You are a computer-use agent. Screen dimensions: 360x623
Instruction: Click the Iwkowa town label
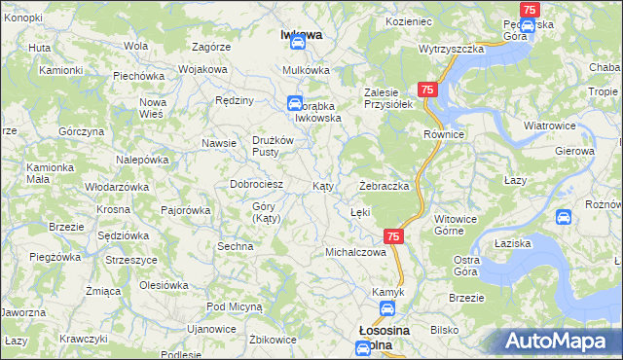pyautogui.click(x=301, y=35)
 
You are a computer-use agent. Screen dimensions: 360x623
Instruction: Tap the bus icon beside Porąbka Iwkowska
pyautogui.click(x=294, y=102)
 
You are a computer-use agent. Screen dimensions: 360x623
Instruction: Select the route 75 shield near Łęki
pyautogui.click(x=393, y=235)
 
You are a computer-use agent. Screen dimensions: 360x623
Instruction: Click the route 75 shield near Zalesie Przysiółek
pyautogui.click(x=429, y=88)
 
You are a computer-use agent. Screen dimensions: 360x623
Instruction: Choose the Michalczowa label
pyautogui.click(x=355, y=252)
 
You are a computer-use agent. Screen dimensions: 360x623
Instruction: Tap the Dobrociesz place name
pyautogui.click(x=255, y=184)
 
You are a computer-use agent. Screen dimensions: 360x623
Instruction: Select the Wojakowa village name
pyautogui.click(x=202, y=70)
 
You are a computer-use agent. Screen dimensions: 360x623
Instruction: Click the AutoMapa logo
pyautogui.click(x=562, y=342)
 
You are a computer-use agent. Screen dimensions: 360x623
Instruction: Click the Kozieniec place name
pyautogui.click(x=408, y=20)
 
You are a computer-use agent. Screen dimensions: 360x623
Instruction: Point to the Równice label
pyautogui.click(x=441, y=133)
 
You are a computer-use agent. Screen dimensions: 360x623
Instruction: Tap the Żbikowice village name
pyautogui.click(x=273, y=340)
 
